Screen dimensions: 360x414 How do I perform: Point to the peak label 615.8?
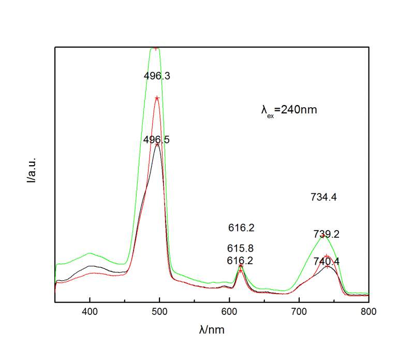pos(241,248)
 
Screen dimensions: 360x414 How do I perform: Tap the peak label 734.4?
pos(324,197)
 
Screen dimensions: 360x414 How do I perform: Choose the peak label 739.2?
pos(326,234)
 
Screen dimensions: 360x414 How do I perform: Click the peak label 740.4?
pos(327,262)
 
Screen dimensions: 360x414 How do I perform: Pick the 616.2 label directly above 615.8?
pos(241,227)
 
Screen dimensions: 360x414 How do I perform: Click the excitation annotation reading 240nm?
pos(289,110)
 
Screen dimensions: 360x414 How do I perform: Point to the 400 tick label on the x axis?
pos(90,312)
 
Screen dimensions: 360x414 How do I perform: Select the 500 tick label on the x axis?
pos(159,312)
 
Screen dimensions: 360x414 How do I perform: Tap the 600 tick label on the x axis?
pos(229,312)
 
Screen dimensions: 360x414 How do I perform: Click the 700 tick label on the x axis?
pos(299,312)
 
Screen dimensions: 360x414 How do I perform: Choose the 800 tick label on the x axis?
pos(368,312)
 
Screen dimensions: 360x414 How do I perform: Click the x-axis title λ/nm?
pos(212,330)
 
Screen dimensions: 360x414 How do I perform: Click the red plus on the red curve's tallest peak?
pos(156,98)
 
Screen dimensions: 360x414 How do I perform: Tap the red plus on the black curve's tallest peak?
pos(157,144)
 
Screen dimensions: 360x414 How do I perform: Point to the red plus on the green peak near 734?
pos(322,236)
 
